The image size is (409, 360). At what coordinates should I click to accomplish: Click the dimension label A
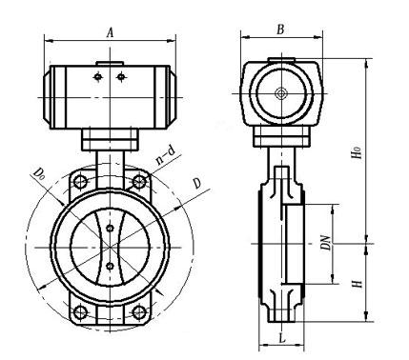tap(110, 32)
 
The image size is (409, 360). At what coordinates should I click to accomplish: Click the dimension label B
tap(280, 30)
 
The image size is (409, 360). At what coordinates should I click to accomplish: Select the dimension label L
tap(282, 338)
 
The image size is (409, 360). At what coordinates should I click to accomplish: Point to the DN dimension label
tap(326, 242)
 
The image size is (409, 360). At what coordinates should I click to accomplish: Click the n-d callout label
tap(166, 155)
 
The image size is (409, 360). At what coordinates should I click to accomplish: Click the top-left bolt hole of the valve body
tap(80, 182)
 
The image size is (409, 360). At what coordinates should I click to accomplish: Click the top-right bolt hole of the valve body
tap(139, 182)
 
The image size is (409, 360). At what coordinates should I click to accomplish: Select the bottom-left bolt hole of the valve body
tap(80, 312)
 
